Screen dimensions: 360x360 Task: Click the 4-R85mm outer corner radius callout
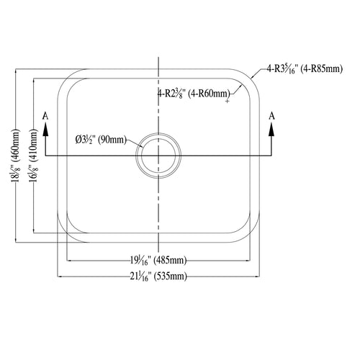coord(305,69)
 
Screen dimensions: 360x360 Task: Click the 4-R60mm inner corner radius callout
coord(194,93)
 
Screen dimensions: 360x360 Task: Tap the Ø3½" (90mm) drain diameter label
coord(101,140)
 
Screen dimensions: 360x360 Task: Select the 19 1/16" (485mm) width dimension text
coord(158,260)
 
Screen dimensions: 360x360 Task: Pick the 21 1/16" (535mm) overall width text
coord(158,276)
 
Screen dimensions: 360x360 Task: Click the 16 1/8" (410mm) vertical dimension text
coord(33,156)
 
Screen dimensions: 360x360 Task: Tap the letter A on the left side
coord(45,116)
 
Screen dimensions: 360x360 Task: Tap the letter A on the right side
coord(271,116)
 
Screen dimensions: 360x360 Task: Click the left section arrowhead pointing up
coord(45,130)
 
